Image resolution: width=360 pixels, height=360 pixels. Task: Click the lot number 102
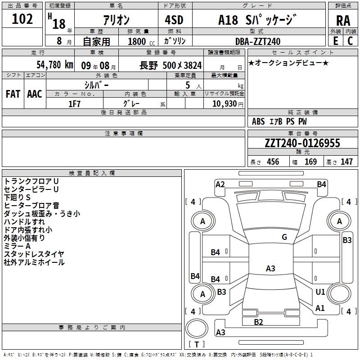[x=22, y=19]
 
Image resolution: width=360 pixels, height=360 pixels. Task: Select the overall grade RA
[x=343, y=21]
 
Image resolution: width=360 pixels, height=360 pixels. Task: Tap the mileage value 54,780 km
[x=55, y=65]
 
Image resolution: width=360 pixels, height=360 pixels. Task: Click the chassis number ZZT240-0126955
[x=302, y=143]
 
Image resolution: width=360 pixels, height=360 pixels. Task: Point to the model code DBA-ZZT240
[x=257, y=41]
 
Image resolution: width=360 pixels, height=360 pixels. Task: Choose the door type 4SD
[x=174, y=20]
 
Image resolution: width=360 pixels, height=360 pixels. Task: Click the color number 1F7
[x=74, y=104]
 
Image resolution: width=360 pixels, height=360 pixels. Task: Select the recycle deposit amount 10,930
[x=225, y=103]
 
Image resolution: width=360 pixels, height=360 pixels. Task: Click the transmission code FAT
[x=13, y=94]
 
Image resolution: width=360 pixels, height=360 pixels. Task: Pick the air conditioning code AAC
[x=35, y=94]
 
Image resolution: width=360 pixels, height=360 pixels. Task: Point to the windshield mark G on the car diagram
[x=284, y=237]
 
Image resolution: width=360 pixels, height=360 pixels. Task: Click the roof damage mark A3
[x=270, y=268]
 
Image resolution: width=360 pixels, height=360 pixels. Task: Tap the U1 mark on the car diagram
[x=320, y=292]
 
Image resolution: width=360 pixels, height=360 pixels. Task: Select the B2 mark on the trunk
[x=258, y=322]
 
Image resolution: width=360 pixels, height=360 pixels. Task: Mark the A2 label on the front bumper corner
[x=220, y=184]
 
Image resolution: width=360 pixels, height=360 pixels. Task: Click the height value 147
[x=346, y=162]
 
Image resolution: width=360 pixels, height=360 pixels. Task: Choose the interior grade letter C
[x=350, y=41]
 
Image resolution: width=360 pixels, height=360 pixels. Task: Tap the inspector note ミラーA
[x=17, y=246]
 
